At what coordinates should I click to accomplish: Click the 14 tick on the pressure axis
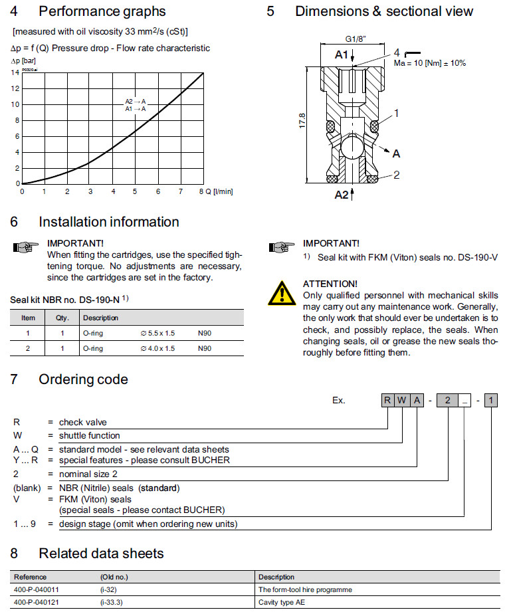(15, 72)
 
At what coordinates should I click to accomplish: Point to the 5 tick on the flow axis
(135, 191)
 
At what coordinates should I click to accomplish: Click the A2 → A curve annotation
(136, 101)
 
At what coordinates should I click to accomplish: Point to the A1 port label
(342, 55)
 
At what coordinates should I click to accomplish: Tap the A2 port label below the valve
(342, 194)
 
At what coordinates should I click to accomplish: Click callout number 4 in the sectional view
(396, 52)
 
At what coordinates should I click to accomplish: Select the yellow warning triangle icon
(282, 291)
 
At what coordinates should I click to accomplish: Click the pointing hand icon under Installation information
(25, 248)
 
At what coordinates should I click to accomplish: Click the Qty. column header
(62, 318)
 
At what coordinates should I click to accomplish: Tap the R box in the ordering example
(388, 400)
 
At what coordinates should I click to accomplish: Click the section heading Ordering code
(83, 379)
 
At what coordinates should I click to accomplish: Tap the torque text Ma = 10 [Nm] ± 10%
(429, 63)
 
